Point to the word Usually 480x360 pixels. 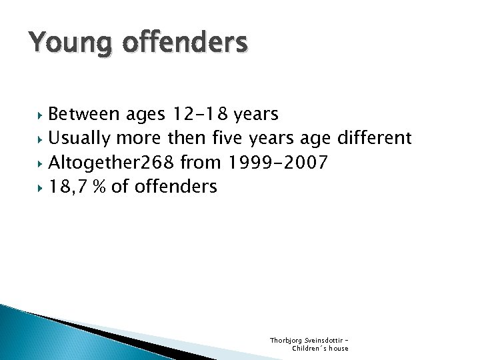pyautogui.click(x=80, y=139)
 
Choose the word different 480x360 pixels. pyautogui.click(x=375, y=139)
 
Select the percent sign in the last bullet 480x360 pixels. pyautogui.click(x=101, y=187)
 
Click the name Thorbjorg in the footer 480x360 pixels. pyautogui.click(x=284, y=340)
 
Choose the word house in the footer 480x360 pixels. pyautogui.click(x=337, y=348)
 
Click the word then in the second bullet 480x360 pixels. pyautogui.click(x=185, y=139)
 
